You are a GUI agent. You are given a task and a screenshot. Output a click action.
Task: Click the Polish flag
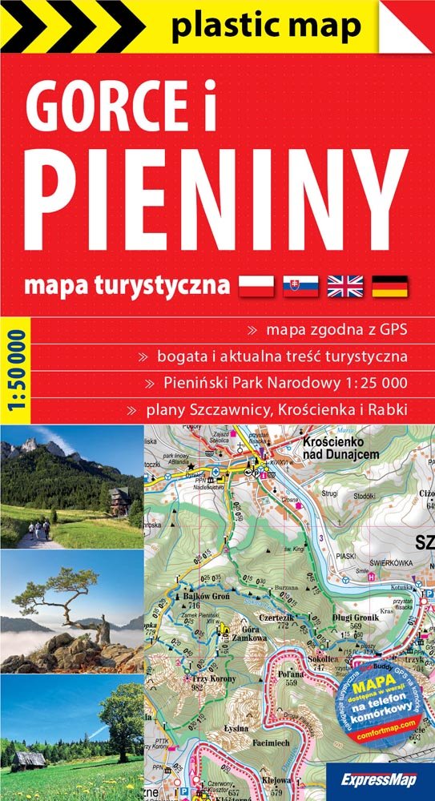256,284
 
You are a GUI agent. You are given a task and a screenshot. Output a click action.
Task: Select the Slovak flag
300,284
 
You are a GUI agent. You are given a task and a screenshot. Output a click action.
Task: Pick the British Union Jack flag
345,284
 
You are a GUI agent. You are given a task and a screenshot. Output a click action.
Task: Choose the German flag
390,284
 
